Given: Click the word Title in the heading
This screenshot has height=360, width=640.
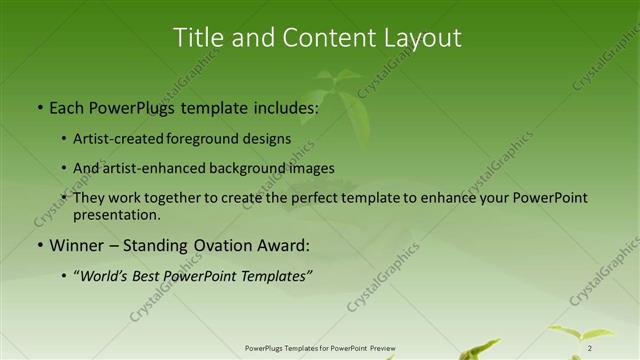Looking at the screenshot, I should pos(200,38).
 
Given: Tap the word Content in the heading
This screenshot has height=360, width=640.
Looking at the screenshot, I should pos(316,38).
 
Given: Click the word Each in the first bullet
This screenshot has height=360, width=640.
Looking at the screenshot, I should pos(68,107).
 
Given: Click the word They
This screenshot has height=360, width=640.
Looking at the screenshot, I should pos(90,198).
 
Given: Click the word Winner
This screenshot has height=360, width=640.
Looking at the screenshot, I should pos(77,245).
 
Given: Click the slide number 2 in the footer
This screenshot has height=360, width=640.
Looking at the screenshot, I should pos(590,348).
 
